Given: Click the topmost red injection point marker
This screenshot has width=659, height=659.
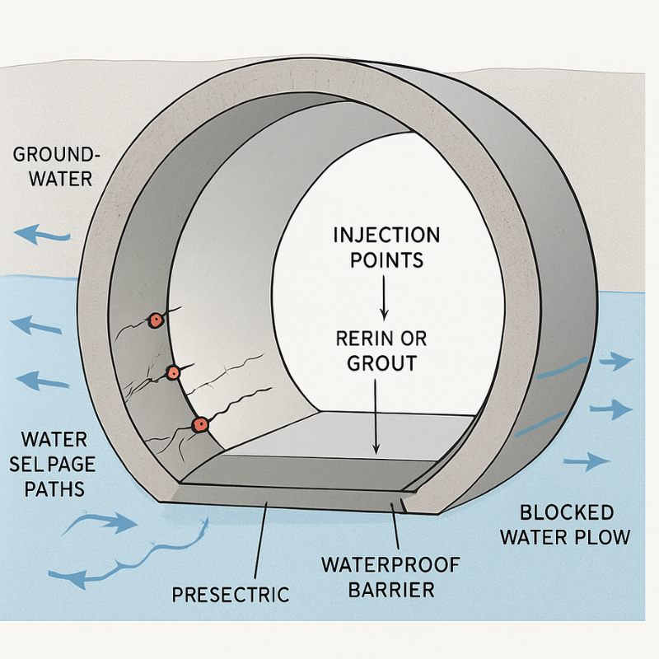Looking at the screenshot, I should pos(154,320).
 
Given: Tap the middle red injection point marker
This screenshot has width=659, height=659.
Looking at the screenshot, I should pos(173,372).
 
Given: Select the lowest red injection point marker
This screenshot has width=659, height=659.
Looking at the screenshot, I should pos(199,424).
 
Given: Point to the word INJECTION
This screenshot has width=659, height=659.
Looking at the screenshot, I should pos(386,236).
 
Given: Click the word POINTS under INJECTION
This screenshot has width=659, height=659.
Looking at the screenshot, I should pos(386,260).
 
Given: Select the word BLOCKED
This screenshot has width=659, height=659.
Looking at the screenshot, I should pos(556,513).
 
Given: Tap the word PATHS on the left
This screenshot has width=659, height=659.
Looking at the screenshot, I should pos(54,488).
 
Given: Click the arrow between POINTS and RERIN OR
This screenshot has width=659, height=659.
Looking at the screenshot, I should pos(383,298).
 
